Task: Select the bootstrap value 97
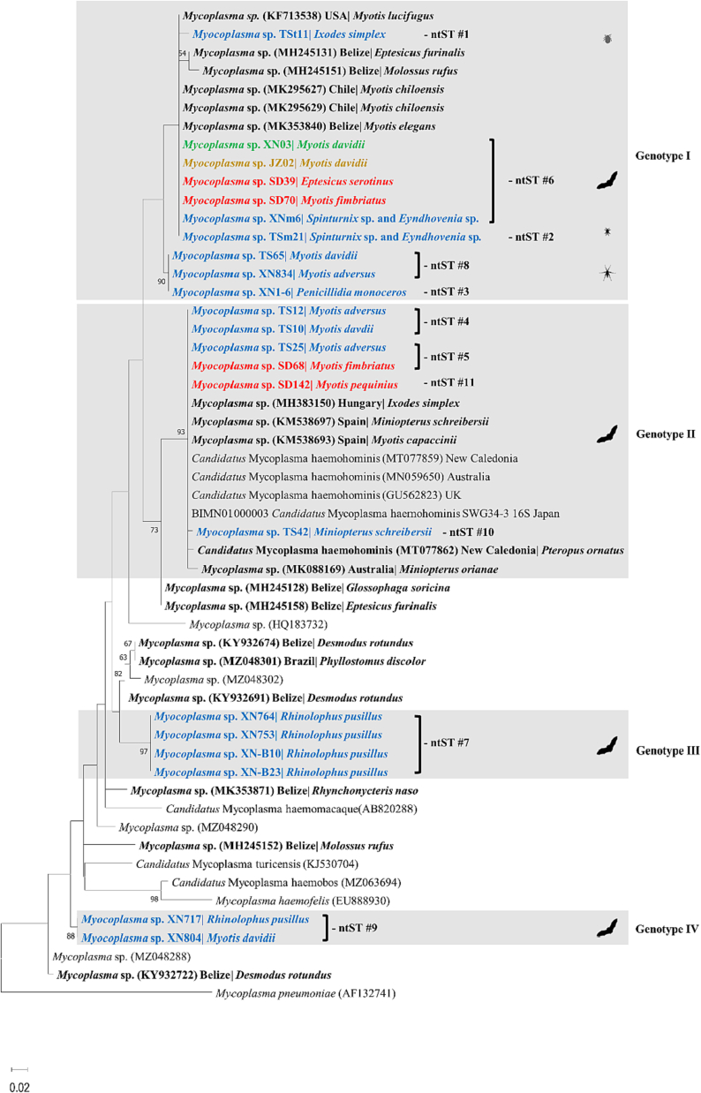point(143,753)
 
